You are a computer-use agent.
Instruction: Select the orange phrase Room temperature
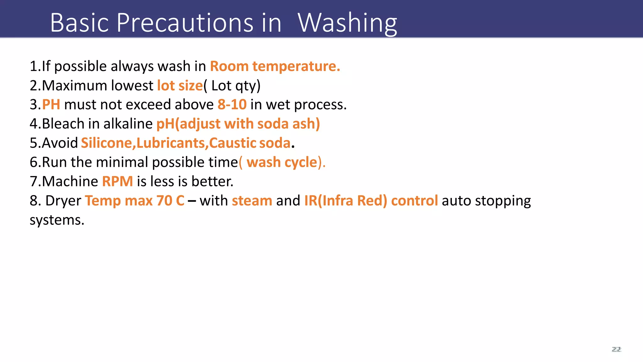tap(275, 66)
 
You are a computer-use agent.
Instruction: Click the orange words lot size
tap(180, 85)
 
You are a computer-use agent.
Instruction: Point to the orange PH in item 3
tap(51, 105)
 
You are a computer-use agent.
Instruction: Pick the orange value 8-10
tap(232, 105)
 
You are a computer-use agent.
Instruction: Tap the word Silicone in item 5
tap(106, 143)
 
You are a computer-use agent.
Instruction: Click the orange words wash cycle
tap(282, 162)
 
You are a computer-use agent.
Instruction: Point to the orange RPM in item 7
tap(117, 182)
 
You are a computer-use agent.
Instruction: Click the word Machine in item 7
tap(70, 182)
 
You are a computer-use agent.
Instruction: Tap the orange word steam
tap(252, 201)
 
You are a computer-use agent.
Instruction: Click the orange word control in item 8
tap(414, 201)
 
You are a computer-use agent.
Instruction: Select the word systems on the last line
tap(57, 220)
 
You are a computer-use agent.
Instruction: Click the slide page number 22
tap(616, 349)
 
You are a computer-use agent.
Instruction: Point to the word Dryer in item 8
tap(63, 201)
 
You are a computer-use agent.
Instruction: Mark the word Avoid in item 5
tap(60, 143)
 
